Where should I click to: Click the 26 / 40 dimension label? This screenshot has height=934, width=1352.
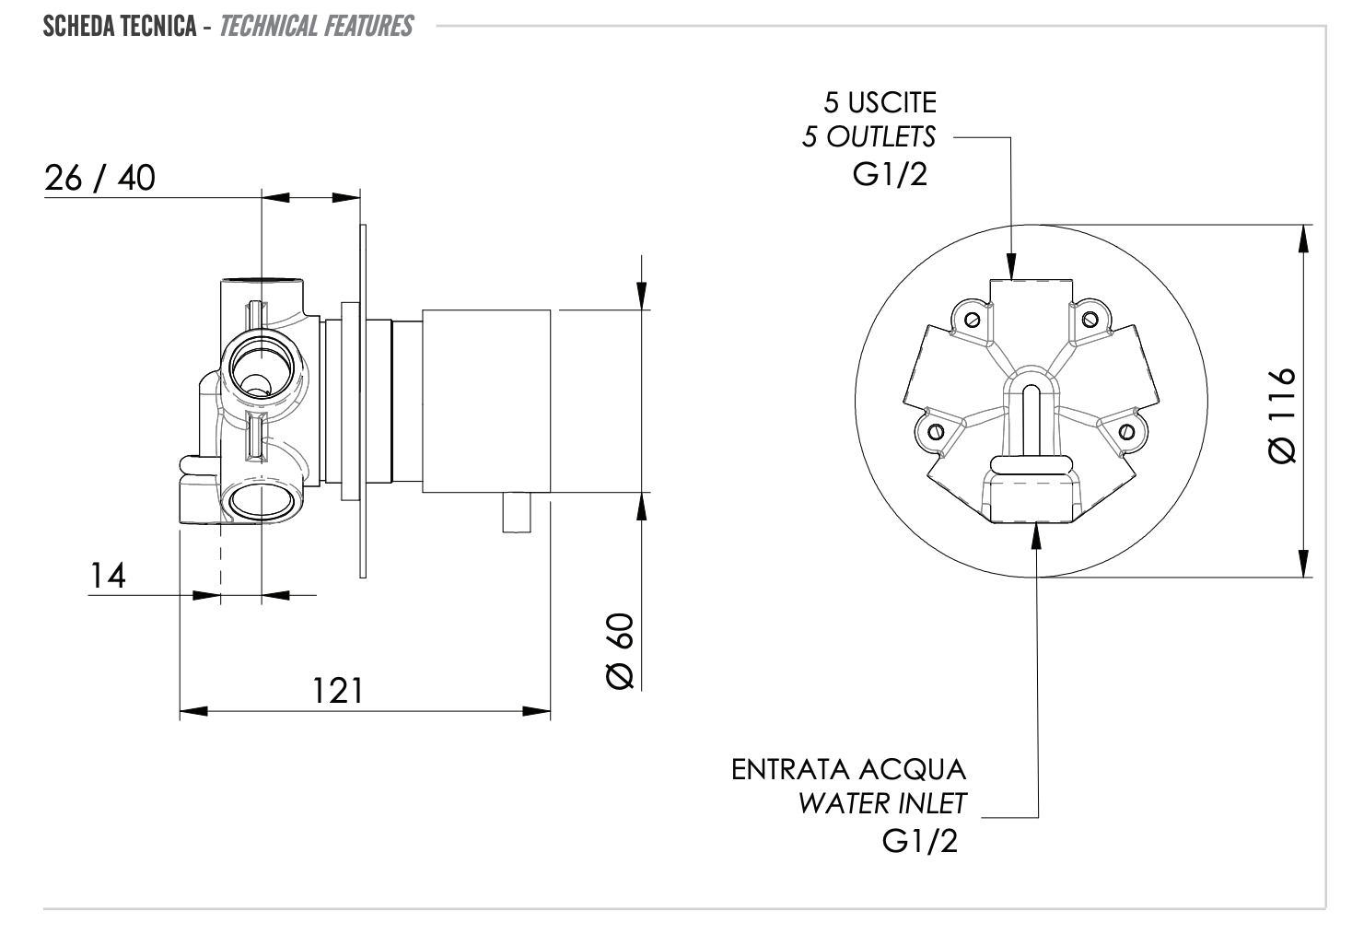pos(99,177)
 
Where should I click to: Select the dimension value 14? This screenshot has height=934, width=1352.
pos(108,576)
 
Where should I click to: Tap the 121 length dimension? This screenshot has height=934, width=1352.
pos(338,690)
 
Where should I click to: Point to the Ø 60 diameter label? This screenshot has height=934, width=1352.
pos(621,650)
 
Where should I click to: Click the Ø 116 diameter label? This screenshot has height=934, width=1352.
pos(1281,415)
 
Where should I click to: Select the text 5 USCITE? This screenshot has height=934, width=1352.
pos(880,102)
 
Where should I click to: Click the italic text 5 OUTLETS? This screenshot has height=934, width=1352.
pos(868,137)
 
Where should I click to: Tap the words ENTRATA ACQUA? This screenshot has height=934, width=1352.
pos(848,769)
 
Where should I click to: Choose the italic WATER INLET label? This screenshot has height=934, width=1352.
pos(881,804)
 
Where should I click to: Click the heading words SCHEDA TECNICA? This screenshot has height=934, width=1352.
pos(120,26)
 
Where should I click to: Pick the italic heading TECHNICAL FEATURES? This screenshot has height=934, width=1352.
pos(316,26)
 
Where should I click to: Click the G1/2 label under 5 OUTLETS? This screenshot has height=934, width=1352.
pos(890,174)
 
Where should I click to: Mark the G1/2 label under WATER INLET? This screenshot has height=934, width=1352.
pos(919,840)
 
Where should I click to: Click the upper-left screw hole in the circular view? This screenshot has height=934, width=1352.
pos(972,320)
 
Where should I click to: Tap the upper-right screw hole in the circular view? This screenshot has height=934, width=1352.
pos(1090,320)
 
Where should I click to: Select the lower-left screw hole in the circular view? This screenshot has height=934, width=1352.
pos(934,431)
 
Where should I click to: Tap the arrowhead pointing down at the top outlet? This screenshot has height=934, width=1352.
pos(1011,268)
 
